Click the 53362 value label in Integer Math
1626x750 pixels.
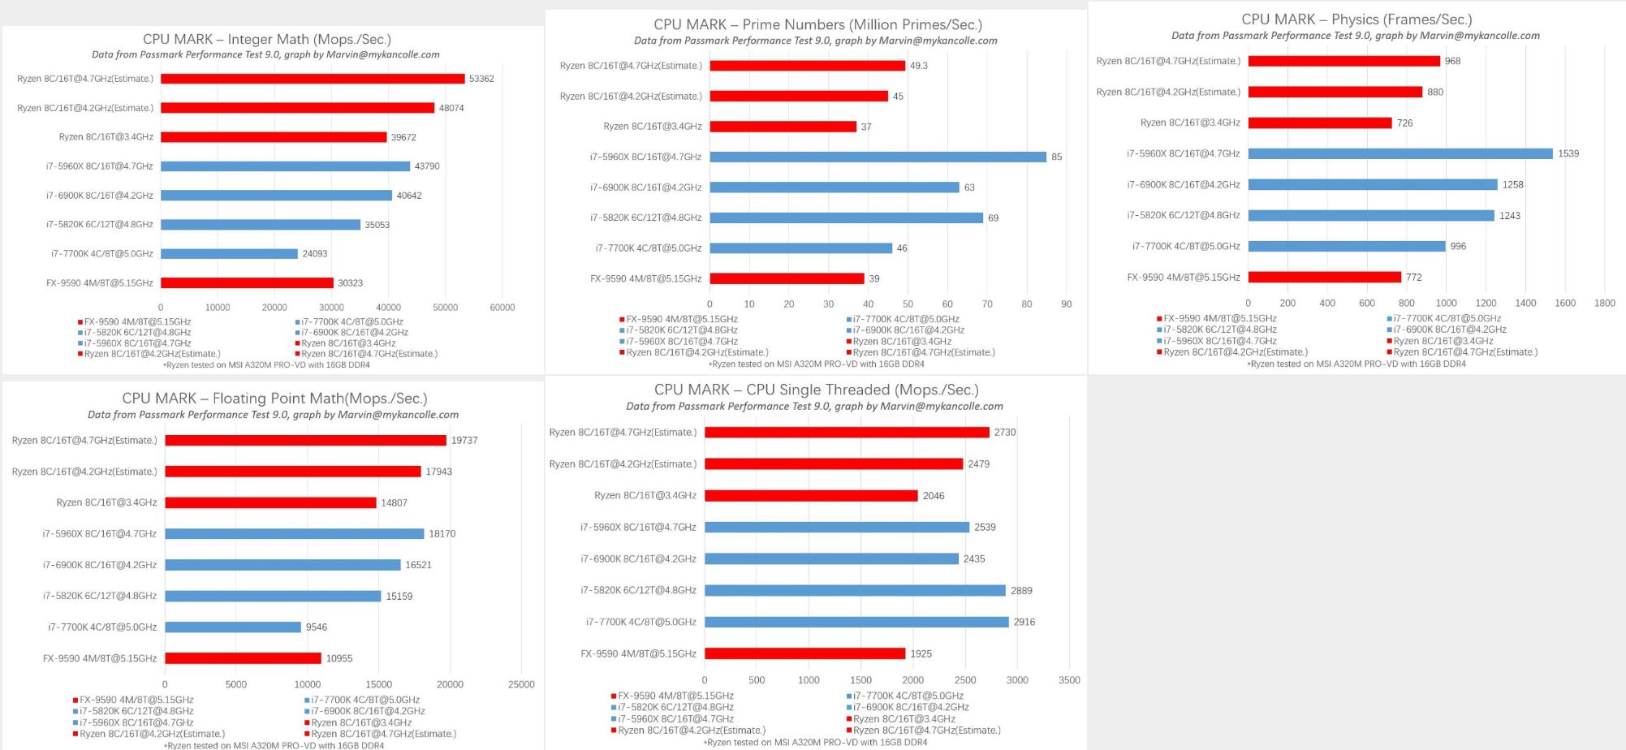point(481,79)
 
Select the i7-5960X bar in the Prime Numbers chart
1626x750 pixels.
point(878,157)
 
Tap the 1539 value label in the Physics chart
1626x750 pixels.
point(1568,153)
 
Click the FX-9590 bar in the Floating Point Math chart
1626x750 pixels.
point(243,658)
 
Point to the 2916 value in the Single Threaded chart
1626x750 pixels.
point(1024,622)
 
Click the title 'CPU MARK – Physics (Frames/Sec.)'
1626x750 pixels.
point(1356,19)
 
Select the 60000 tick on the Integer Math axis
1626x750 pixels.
point(502,308)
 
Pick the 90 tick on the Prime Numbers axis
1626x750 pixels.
point(1066,304)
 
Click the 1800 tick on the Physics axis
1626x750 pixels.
point(1604,303)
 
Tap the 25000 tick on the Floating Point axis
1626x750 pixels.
point(521,684)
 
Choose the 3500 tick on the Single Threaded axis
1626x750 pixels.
point(1069,680)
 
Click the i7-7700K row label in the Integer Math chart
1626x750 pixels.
point(102,254)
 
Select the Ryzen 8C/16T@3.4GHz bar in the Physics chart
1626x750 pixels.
point(1319,123)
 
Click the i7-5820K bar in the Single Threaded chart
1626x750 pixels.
point(855,590)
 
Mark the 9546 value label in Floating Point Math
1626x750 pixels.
point(317,627)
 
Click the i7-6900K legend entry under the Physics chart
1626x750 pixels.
point(1449,330)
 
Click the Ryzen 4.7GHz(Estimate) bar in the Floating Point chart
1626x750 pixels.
point(305,440)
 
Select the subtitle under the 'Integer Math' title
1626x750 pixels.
point(265,54)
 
